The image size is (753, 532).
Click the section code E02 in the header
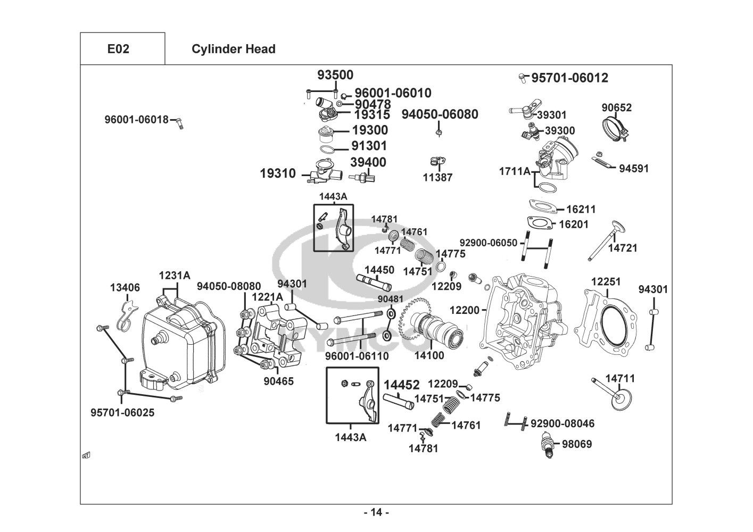point(118,49)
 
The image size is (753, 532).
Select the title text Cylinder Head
point(233,49)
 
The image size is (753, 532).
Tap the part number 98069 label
point(576,444)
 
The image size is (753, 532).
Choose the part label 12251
point(606,281)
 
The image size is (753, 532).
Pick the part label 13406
point(125,288)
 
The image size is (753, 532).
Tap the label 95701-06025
point(122,412)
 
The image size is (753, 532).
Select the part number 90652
point(617,107)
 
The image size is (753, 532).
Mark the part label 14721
point(623,248)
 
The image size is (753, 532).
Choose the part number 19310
point(278,173)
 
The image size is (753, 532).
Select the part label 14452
point(402,385)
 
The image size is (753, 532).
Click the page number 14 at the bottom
point(376,512)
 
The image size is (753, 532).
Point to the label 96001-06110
point(357,356)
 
